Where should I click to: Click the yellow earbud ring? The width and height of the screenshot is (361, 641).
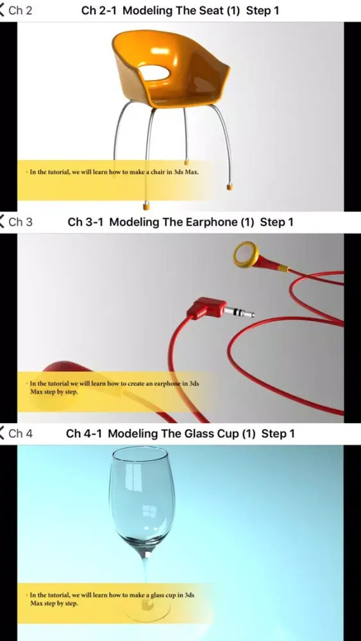click(246, 254)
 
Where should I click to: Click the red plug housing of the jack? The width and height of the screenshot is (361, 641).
click(206, 308)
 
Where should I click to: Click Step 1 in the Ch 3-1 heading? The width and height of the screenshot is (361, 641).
click(277, 222)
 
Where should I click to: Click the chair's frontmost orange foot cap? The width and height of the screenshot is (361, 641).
click(146, 206)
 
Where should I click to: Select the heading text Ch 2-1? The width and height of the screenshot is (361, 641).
click(99, 11)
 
